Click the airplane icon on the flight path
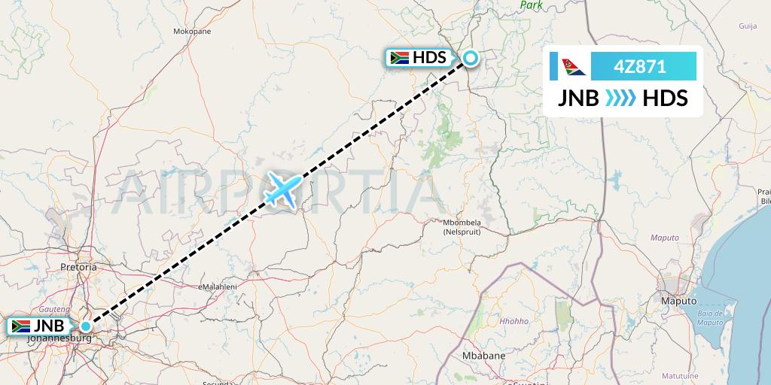point(283,187)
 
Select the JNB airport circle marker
point(87,326)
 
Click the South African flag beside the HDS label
point(399,58)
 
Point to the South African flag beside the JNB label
point(20,326)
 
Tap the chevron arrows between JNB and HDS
point(621,98)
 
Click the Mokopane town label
point(192,32)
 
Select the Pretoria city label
point(78,267)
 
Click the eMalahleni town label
point(218,286)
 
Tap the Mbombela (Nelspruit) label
point(462,227)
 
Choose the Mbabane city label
point(483,354)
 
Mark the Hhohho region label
point(514,321)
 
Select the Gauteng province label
point(55,309)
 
